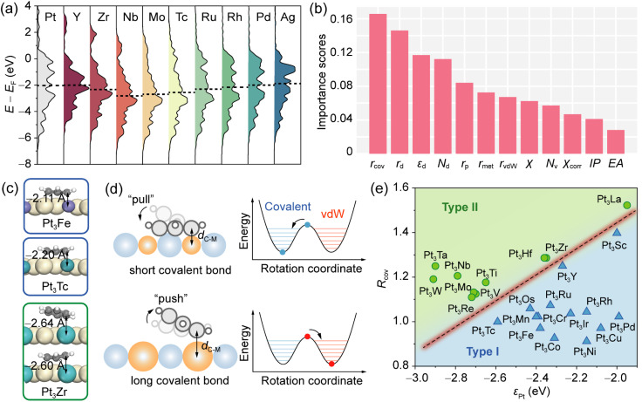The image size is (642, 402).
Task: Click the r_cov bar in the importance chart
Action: click(378, 84)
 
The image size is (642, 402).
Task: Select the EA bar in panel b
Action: click(616, 141)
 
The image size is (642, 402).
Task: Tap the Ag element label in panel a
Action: click(288, 17)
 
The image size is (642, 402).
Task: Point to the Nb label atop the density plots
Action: click(130, 17)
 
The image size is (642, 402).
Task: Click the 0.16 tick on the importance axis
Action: click(341, 19)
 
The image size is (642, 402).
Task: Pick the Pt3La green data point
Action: click(627, 205)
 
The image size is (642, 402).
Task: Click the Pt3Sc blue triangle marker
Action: click(617, 232)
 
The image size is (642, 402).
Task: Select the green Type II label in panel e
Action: click(460, 208)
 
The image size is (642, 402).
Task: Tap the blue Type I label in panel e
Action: click(482, 351)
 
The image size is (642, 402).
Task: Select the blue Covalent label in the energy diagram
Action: click(288, 207)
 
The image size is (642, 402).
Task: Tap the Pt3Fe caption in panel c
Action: click(56, 224)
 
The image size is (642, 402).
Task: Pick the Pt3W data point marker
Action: click(434, 279)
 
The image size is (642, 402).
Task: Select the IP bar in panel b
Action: click(594, 136)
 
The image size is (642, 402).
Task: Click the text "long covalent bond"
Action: click(180, 380)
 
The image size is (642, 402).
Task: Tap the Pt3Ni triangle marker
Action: click(586, 340)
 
